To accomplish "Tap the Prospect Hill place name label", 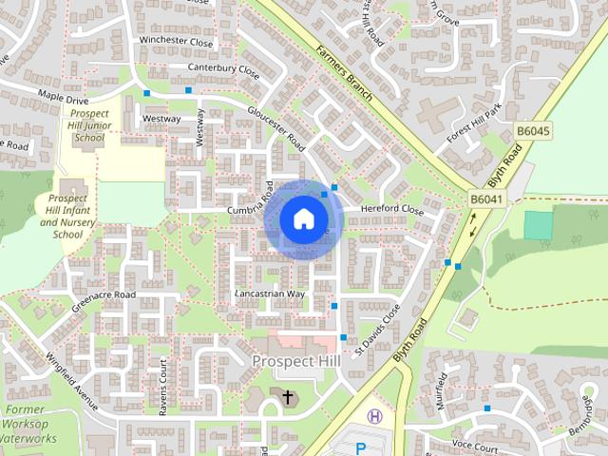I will point(294,362).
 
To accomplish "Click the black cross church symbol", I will point(288,395).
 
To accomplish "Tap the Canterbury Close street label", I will point(224,68).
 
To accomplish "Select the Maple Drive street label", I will point(63,97).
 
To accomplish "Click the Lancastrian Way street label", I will point(271,294).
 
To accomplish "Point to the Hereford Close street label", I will point(391,209).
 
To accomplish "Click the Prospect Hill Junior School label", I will point(88,124).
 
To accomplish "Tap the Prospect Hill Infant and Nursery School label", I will point(66,216).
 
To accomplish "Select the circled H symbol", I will point(375,416).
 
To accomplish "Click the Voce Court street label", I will point(475,446).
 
